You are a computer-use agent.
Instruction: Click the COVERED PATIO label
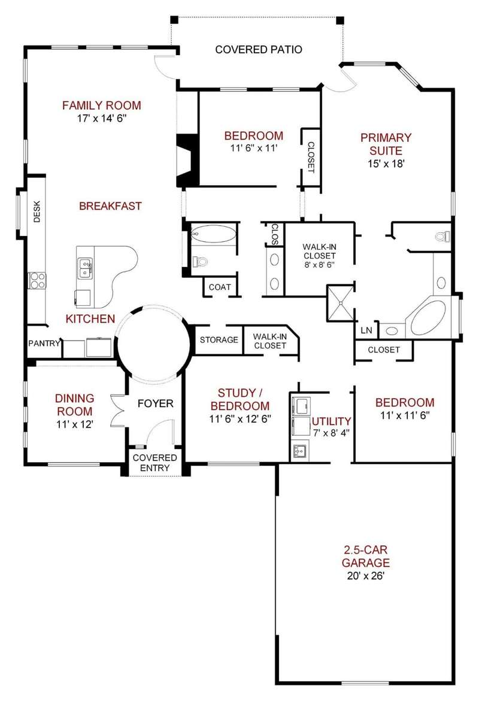(x=259, y=50)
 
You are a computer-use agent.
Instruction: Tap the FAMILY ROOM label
(x=102, y=105)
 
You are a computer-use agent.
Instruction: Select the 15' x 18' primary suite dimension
(x=386, y=163)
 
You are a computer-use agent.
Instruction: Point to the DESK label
(x=37, y=211)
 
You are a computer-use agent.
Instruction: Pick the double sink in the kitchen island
(x=84, y=268)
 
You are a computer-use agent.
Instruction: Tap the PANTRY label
(x=44, y=344)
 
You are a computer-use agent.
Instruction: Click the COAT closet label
(x=220, y=287)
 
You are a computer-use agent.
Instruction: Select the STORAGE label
(x=219, y=340)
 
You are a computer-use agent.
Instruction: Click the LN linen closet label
(x=366, y=330)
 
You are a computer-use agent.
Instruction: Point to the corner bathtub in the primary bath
(x=429, y=318)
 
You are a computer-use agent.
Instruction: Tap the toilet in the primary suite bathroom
(x=442, y=236)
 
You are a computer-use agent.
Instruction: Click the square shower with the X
(x=340, y=303)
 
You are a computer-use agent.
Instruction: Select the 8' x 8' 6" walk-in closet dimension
(x=320, y=265)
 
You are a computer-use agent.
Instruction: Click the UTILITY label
(x=332, y=421)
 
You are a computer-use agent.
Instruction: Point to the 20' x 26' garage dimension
(x=365, y=576)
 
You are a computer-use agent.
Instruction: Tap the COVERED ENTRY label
(x=154, y=463)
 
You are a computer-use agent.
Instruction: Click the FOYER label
(x=155, y=403)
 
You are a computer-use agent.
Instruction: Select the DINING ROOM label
(x=75, y=405)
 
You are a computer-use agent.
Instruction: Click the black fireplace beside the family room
(x=187, y=160)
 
